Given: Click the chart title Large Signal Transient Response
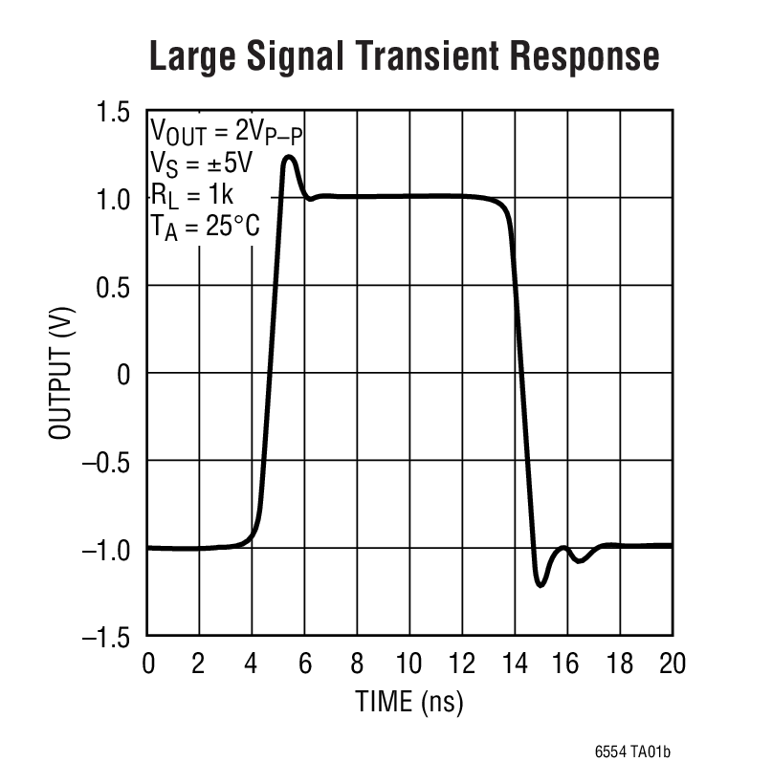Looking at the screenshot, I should [x=404, y=56].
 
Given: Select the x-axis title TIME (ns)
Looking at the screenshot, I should [x=409, y=702].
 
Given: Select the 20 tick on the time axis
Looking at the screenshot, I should [x=673, y=664].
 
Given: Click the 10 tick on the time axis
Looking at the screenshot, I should [x=409, y=664].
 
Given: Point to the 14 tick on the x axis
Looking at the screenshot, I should [x=515, y=664].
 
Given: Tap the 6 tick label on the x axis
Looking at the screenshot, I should [x=305, y=664].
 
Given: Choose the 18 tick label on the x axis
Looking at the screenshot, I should [x=620, y=664].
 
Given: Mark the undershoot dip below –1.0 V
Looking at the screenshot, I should [x=540, y=584].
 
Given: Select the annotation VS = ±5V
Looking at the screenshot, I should [x=201, y=163].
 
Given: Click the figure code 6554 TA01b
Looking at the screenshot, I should [x=632, y=752].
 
